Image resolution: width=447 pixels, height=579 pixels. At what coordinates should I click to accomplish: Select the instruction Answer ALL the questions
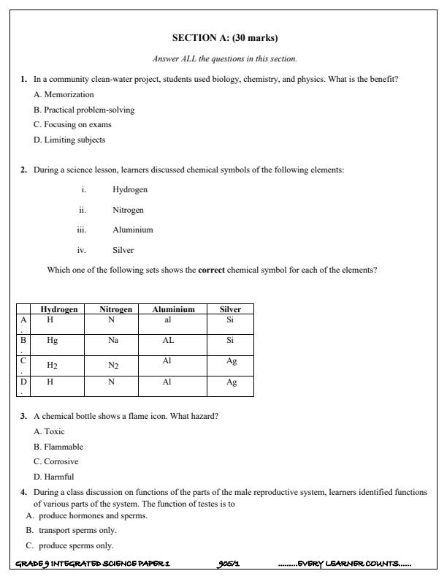click(224, 58)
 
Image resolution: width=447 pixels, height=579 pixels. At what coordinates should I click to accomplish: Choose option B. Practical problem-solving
click(84, 110)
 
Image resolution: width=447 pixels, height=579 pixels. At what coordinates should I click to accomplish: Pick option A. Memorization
click(64, 94)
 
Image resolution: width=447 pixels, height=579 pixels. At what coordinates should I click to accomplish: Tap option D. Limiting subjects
click(69, 140)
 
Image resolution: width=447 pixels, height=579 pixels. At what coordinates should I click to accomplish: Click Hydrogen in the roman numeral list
click(130, 189)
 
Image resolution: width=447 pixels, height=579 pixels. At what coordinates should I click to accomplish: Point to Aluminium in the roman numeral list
click(133, 230)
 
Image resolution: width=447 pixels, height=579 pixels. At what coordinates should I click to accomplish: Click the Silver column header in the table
click(230, 309)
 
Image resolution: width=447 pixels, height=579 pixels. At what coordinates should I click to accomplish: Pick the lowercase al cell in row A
click(167, 320)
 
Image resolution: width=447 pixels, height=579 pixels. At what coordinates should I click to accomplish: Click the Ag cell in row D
click(232, 382)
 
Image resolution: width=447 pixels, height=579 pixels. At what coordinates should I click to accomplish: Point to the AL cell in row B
click(168, 341)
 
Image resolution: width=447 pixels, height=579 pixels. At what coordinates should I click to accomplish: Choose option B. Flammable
click(58, 446)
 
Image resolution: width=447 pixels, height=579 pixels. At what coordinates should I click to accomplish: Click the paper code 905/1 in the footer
click(229, 564)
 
